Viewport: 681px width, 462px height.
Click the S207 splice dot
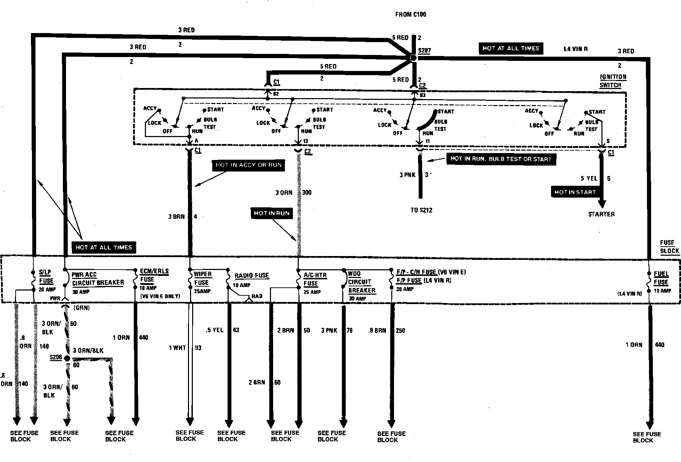tap(413, 58)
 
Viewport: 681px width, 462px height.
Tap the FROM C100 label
tap(410, 14)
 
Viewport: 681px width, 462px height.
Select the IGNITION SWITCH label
tap(613, 81)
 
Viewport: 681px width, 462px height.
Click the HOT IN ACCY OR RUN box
tap(248, 165)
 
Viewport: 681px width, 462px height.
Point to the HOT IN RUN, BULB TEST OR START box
tap(501, 159)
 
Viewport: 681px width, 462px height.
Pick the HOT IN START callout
tap(575, 192)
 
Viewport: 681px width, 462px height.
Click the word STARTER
tap(601, 214)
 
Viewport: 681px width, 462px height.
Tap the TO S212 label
tap(421, 210)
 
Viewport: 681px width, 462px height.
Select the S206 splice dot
tap(67, 358)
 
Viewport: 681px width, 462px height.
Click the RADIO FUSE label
tap(252, 276)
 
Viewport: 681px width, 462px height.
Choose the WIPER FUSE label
tap(203, 278)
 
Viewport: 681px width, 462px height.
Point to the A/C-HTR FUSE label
tap(315, 279)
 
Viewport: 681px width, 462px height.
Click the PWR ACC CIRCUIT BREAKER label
tap(97, 279)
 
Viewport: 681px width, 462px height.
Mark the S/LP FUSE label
tap(46, 277)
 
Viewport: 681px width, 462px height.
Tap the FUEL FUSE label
tap(661, 278)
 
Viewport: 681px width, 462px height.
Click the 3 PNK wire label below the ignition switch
tap(408, 175)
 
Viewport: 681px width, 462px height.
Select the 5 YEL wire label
tap(589, 178)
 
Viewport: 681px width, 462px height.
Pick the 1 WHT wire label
tap(177, 348)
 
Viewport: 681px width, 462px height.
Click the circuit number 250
tap(400, 330)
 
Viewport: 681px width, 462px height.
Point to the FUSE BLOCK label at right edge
tap(670, 247)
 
